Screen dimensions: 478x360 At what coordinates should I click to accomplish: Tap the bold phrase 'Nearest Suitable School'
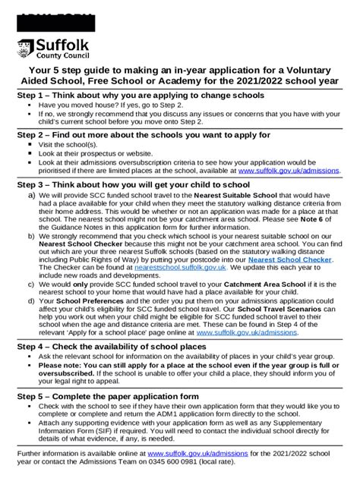coord(235,194)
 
